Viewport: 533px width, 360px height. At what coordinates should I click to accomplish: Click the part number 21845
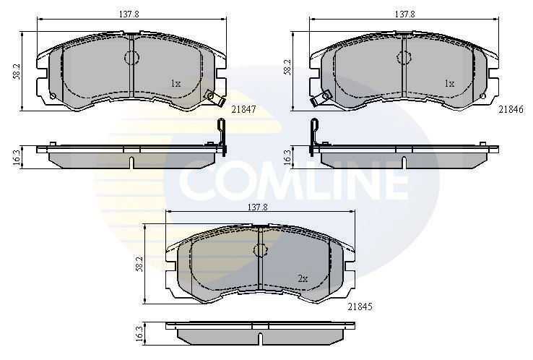[360, 306]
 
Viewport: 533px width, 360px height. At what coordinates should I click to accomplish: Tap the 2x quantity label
[303, 278]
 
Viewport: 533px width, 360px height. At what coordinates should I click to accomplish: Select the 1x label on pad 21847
[175, 84]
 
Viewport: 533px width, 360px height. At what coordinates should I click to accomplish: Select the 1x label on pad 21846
[449, 84]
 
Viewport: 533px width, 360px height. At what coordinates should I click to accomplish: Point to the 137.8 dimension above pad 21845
[258, 207]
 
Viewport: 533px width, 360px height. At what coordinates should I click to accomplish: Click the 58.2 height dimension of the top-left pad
[16, 72]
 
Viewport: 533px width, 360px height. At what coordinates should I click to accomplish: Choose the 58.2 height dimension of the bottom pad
[142, 264]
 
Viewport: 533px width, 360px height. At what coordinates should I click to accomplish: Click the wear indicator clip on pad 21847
[212, 95]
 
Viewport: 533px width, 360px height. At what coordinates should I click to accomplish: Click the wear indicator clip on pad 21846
[324, 95]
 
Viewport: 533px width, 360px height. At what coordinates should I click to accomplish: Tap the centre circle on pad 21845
[259, 250]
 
